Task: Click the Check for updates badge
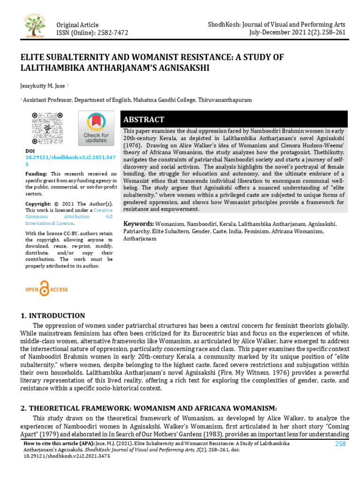(96, 128)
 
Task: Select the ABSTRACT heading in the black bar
(143, 120)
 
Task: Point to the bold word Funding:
(36, 173)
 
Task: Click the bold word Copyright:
(38, 204)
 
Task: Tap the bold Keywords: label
(138, 224)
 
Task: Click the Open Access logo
(46, 289)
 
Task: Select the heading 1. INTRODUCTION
(52, 316)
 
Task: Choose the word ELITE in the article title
(31, 57)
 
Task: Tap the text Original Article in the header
(77, 24)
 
